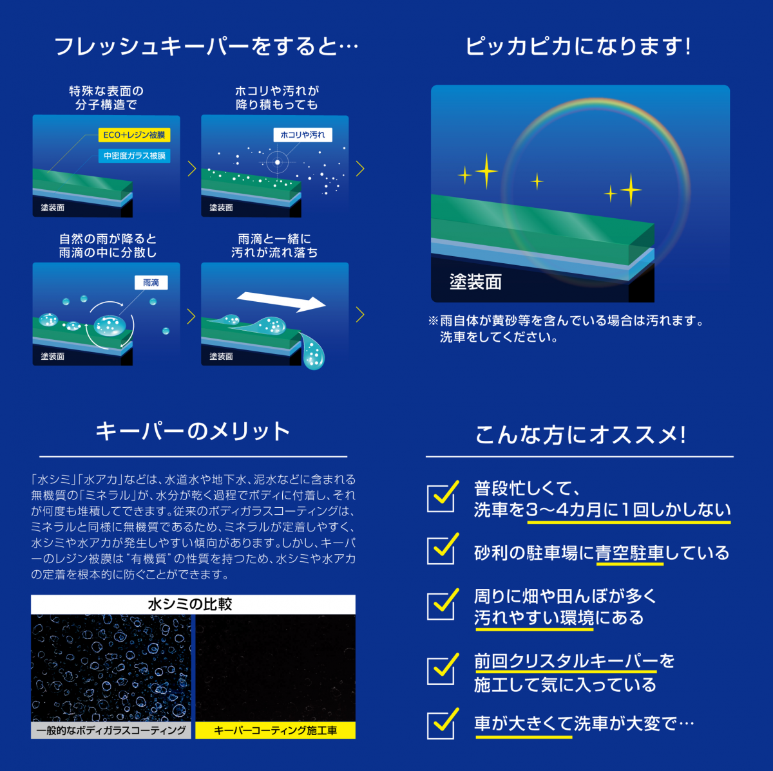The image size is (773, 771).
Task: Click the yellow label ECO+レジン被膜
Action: click(135, 135)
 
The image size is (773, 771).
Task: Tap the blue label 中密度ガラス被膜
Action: click(135, 156)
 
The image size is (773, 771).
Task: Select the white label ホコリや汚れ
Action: click(303, 135)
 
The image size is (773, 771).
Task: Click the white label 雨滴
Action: click(151, 283)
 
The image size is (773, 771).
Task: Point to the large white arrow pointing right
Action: click(282, 301)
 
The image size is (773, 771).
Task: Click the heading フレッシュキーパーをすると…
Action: click(206, 46)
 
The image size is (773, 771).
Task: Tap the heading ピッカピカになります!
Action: click(578, 46)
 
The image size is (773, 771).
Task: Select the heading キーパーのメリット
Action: click(193, 431)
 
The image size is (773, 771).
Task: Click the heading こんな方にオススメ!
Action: click(580, 434)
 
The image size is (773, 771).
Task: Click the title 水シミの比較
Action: click(190, 604)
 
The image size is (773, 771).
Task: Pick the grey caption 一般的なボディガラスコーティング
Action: click(111, 730)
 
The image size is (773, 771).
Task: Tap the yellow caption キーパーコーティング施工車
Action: click(275, 730)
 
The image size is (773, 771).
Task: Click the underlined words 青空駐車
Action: click(630, 553)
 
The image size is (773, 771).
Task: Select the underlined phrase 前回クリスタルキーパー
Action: click(566, 661)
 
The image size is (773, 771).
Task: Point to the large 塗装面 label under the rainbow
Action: click(475, 282)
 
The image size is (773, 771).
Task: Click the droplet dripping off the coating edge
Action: click(313, 351)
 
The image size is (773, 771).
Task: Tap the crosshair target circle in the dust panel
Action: click(277, 162)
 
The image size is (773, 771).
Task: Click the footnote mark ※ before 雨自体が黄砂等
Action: click(434, 320)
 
